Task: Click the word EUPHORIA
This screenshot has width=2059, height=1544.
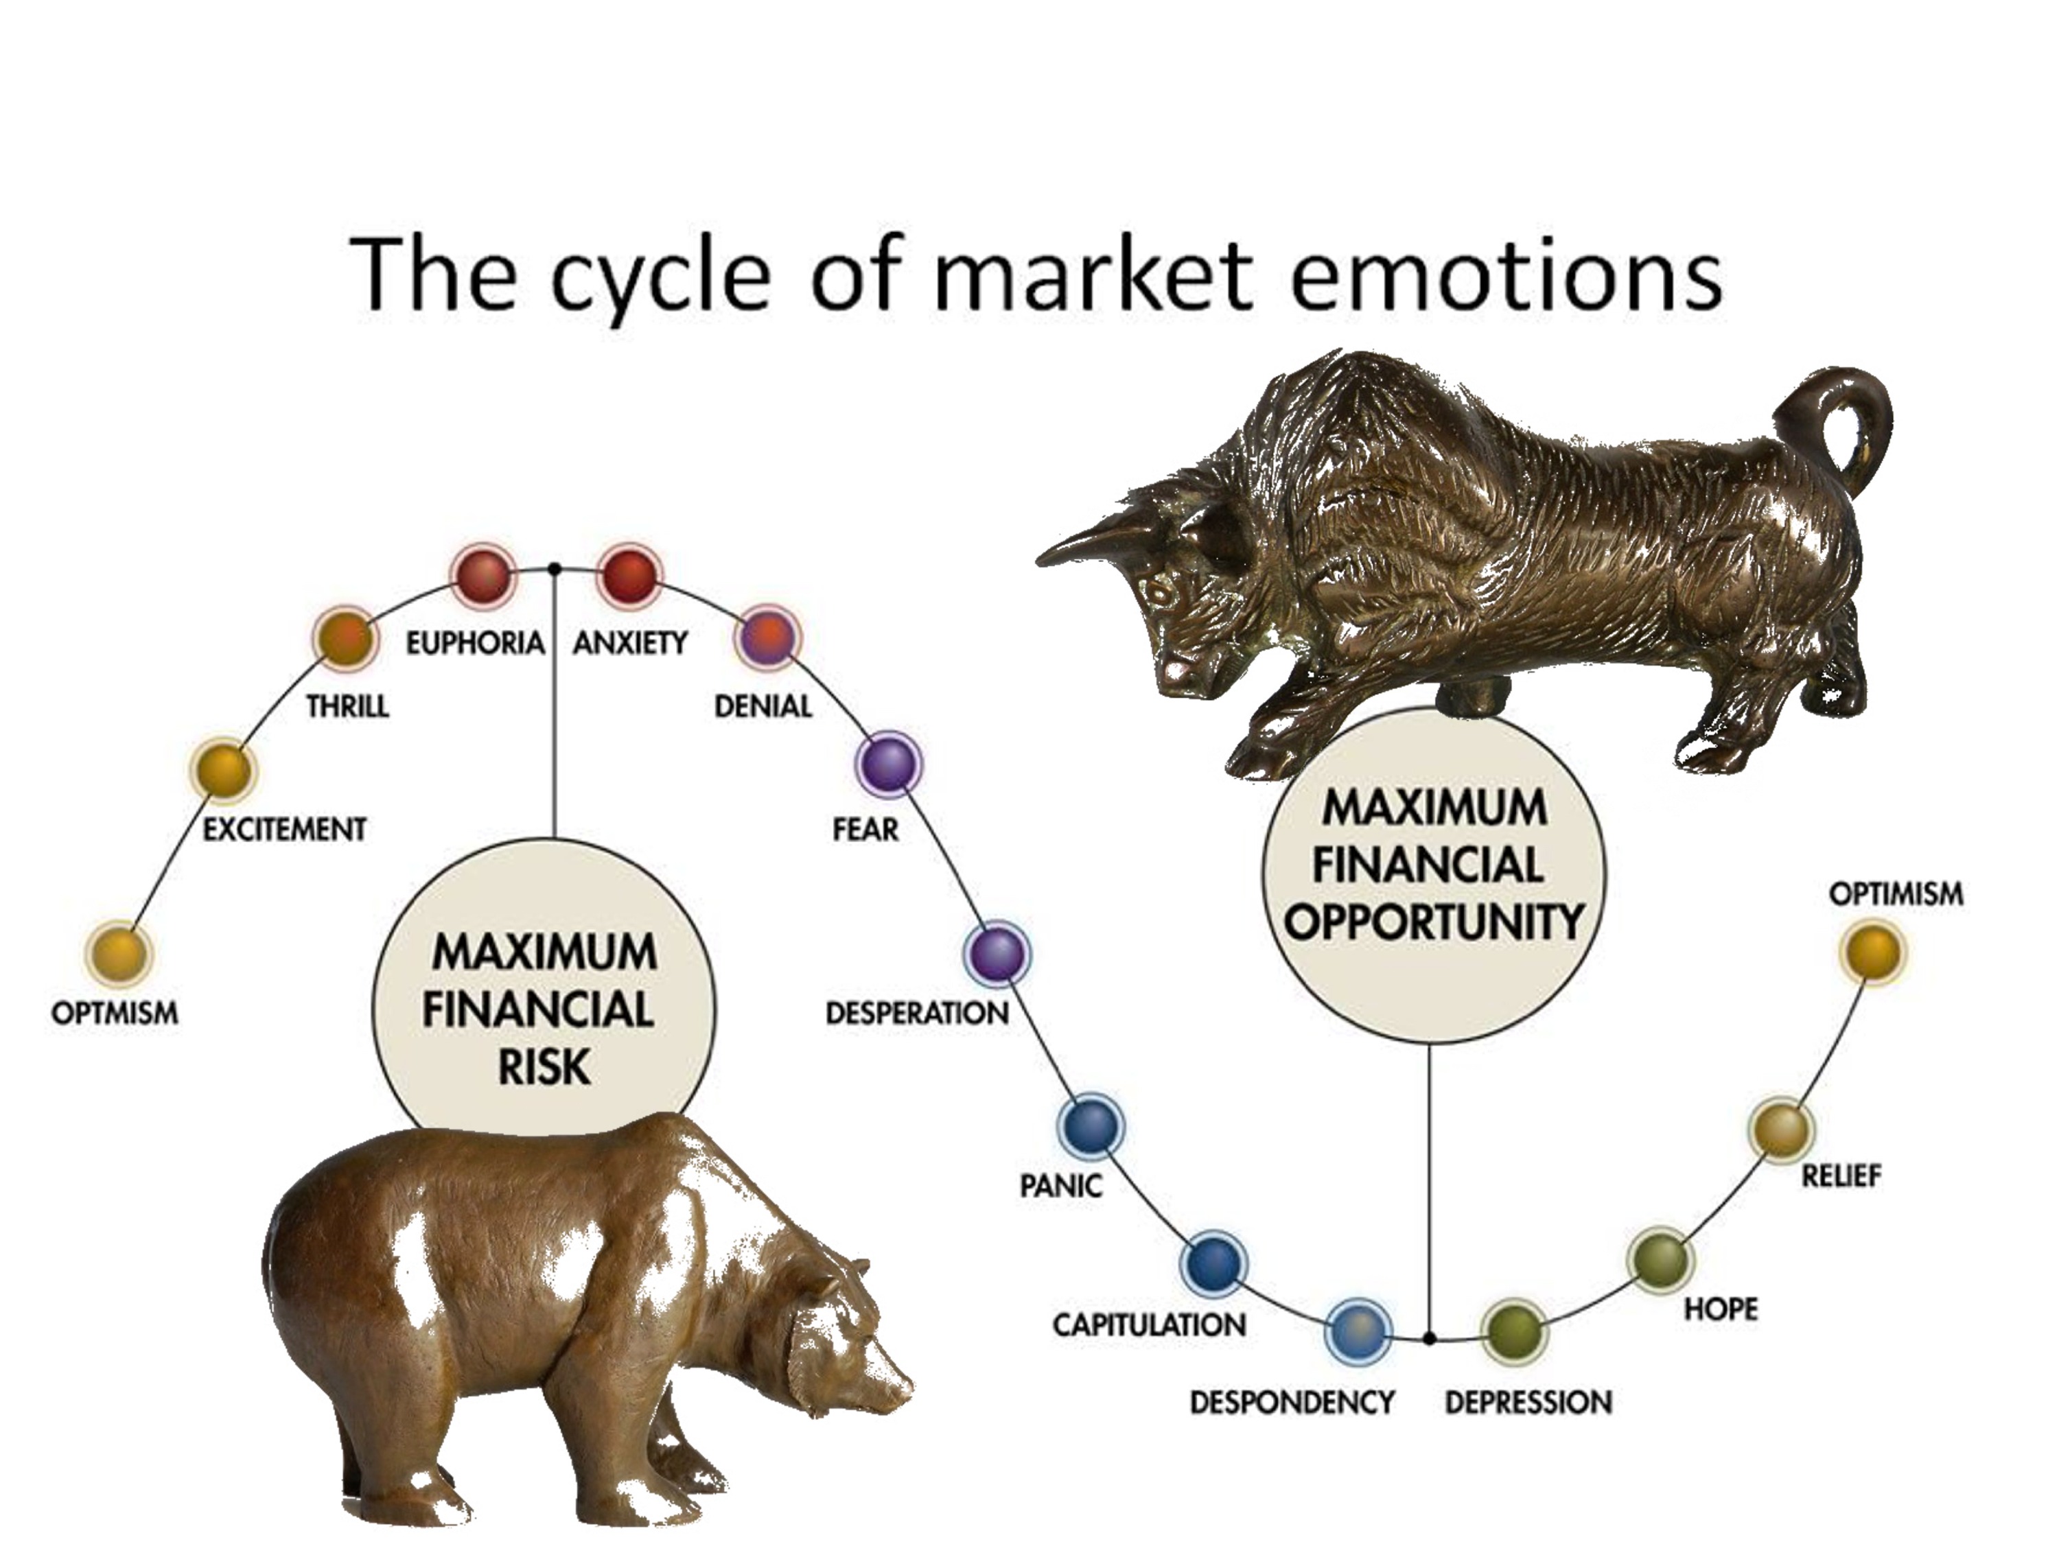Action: [475, 642]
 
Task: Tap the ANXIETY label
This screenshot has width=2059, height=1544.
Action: [630, 642]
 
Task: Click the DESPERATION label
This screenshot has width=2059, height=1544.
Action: [917, 1013]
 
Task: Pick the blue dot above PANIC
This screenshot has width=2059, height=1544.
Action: [1091, 1125]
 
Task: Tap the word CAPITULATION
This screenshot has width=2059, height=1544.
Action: [1149, 1324]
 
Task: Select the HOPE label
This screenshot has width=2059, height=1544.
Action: [1720, 1309]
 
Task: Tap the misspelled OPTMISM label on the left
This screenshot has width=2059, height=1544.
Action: [115, 1013]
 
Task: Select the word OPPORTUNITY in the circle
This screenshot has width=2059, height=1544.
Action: [1434, 922]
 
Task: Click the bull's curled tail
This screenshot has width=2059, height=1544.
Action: [1852, 419]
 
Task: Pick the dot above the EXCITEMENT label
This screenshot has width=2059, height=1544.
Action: [223, 771]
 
